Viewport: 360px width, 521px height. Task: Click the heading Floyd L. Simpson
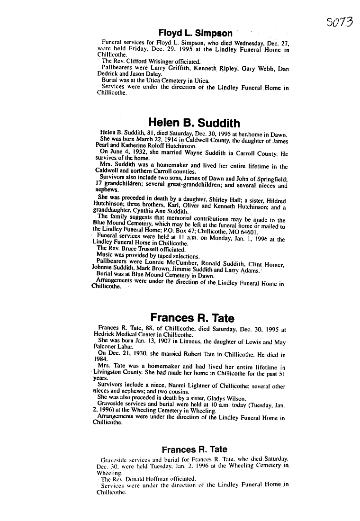[x=195, y=33]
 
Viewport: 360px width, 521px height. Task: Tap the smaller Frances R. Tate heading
[x=194, y=449]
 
